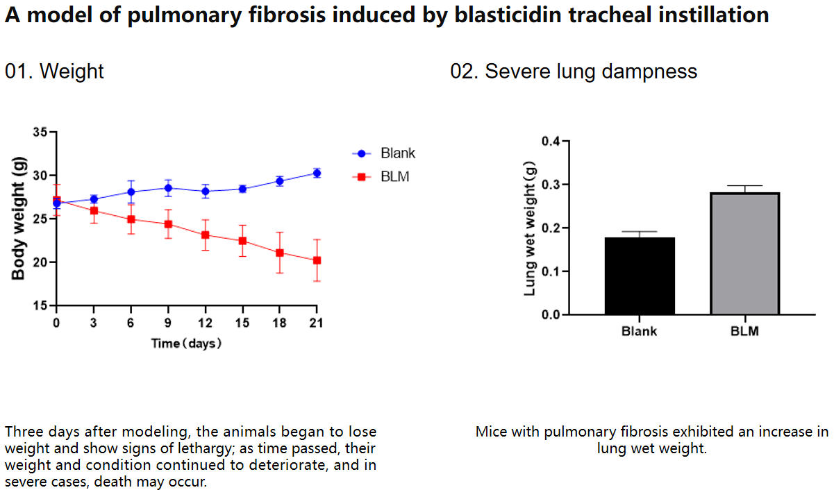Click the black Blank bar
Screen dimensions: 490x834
pyautogui.click(x=640, y=276)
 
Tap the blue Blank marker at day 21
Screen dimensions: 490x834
pyautogui.click(x=317, y=173)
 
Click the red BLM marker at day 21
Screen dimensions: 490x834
pyautogui.click(x=317, y=260)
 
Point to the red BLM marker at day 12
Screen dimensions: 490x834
pyautogui.click(x=205, y=235)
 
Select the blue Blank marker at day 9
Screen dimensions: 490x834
pyautogui.click(x=167, y=187)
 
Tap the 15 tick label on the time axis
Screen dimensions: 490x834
pyautogui.click(x=242, y=323)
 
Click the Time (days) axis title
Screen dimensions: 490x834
pyautogui.click(x=186, y=343)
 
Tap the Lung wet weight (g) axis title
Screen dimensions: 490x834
pyautogui.click(x=530, y=228)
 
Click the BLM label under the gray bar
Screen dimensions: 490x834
pyautogui.click(x=744, y=331)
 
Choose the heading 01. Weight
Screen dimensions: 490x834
pyautogui.click(x=54, y=71)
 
